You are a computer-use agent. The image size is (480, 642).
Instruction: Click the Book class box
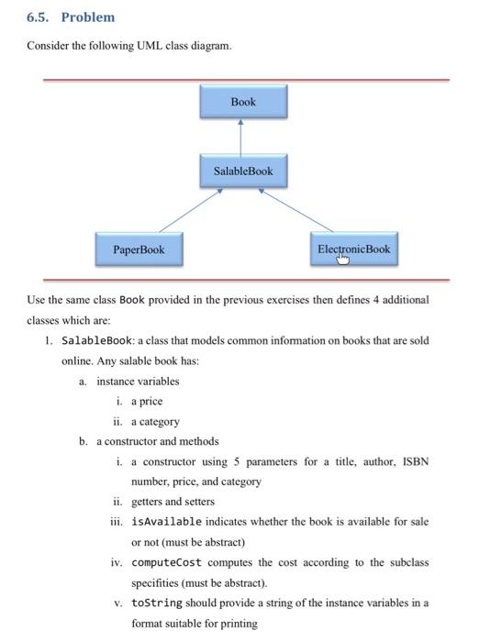click(243, 101)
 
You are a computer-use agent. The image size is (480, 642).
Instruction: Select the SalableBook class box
click(243, 172)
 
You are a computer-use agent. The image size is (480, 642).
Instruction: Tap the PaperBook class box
click(139, 249)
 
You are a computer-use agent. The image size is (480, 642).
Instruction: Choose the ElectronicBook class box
click(353, 249)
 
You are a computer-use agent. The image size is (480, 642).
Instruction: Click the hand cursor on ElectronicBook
click(342, 259)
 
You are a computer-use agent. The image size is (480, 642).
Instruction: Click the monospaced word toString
click(158, 603)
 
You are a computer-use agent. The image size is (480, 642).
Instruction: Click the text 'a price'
click(147, 402)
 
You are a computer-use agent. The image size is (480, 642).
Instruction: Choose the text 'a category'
click(155, 422)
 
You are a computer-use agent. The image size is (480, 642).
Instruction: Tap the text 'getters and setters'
click(173, 502)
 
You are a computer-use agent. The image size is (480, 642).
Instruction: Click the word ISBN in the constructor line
click(413, 461)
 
